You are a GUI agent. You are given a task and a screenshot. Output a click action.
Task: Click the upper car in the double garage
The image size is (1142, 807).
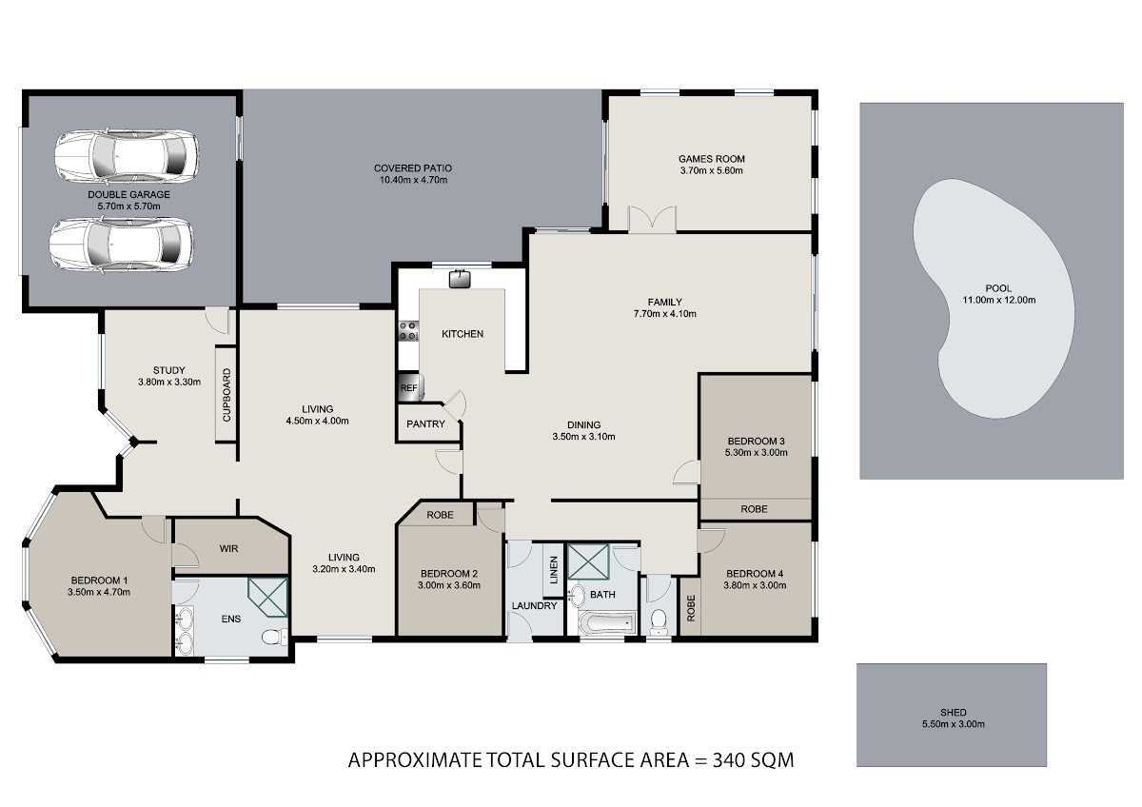pyautogui.click(x=127, y=155)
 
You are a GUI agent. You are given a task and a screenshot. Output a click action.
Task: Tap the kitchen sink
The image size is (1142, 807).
pyautogui.click(x=460, y=279)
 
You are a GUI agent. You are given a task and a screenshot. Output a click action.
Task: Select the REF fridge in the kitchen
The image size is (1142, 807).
pyautogui.click(x=410, y=387)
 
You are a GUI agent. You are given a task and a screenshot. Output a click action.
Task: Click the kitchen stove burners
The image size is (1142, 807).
pyautogui.click(x=408, y=330)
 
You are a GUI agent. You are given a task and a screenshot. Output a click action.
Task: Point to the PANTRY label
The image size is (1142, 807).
pyautogui.click(x=425, y=423)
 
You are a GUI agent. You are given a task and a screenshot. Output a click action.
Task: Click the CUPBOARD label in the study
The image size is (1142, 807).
pyautogui.click(x=226, y=395)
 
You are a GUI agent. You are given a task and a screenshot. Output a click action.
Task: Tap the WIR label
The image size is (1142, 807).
pyautogui.click(x=229, y=548)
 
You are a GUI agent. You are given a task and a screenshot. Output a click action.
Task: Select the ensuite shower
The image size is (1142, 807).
pyautogui.click(x=268, y=597)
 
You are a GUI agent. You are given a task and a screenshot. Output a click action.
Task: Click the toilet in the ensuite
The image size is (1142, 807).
pyautogui.click(x=274, y=637)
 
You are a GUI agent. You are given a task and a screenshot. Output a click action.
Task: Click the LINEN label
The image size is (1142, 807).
pyautogui.click(x=554, y=569)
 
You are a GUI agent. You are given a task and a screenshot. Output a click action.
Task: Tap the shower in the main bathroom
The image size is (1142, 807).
pyautogui.click(x=588, y=561)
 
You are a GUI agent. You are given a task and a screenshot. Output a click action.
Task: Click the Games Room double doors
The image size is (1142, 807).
pyautogui.click(x=652, y=219)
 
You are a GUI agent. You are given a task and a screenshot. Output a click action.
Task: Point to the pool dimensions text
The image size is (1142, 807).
pyautogui.click(x=998, y=301)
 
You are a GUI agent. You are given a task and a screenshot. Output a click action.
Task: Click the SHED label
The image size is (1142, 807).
pyautogui.click(x=954, y=712)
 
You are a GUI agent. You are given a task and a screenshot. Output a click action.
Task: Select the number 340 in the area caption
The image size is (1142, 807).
pyautogui.click(x=729, y=760)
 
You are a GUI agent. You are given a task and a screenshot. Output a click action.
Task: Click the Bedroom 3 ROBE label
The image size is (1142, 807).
pyautogui.click(x=754, y=509)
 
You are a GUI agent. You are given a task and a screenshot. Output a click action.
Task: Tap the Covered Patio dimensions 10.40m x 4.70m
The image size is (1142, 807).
pyautogui.click(x=413, y=180)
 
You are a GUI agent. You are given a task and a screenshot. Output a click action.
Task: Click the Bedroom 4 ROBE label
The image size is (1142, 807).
pyautogui.click(x=691, y=608)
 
